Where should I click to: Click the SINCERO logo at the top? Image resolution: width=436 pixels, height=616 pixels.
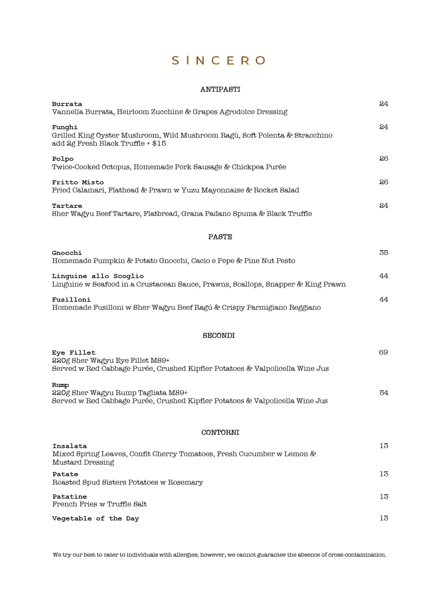pos(218,60)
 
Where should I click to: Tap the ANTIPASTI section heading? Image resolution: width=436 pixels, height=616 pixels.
pos(220,90)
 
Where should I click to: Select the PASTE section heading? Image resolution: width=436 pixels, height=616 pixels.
pos(220,237)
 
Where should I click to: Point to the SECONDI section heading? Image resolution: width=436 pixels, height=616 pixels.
pos(219,336)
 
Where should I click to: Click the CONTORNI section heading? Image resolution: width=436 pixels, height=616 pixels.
pos(220,433)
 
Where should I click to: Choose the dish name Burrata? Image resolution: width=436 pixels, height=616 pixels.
pos(67,104)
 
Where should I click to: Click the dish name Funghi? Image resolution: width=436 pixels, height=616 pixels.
pos(65,127)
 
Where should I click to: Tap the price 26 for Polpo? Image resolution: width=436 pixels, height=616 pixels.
pos(384,158)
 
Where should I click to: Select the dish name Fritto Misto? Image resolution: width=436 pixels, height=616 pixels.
pos(78,182)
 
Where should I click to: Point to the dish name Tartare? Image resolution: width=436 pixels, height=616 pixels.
pos(67,206)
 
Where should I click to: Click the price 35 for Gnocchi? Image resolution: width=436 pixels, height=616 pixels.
pos(384,253)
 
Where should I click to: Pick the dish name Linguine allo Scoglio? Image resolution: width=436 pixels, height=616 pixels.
pos(98,276)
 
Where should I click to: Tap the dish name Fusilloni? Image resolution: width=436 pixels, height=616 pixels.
pos(71,300)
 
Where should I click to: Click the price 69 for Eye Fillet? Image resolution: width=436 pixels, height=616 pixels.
pos(383,352)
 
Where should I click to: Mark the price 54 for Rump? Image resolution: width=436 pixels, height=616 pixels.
pos(384,393)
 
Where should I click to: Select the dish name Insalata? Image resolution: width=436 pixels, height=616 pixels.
pos(70,446)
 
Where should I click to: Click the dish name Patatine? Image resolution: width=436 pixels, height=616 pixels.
pos(70,497)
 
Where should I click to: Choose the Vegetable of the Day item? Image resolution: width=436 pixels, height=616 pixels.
pos(96,518)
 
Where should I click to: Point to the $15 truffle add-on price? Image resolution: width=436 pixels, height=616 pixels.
pos(159,144)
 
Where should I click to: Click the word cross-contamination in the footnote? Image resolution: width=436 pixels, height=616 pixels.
pos(357,555)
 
